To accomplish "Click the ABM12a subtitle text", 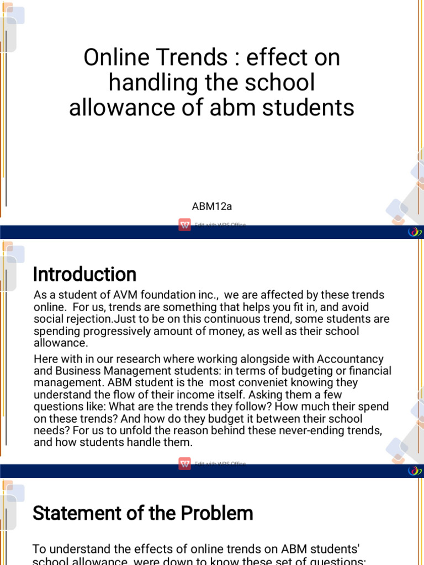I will coord(212,206).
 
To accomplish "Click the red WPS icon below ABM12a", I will coord(184,225).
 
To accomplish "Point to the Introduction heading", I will coord(84,274).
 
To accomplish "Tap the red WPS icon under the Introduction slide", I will coord(184,463).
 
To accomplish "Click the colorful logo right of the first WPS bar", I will coord(414,232).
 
